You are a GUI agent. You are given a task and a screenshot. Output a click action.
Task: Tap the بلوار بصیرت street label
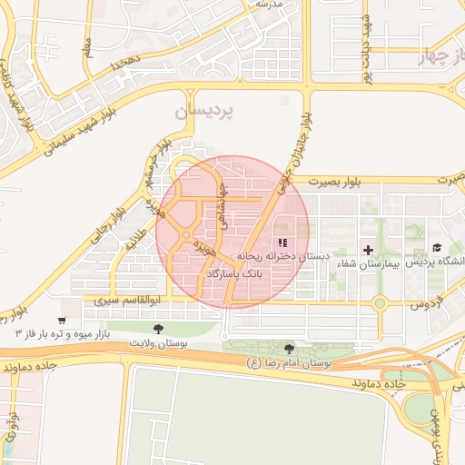(334, 183)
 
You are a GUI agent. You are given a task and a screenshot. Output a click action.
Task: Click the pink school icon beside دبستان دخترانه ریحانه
(282, 242)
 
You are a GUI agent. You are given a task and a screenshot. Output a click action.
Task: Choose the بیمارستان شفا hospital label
(368, 263)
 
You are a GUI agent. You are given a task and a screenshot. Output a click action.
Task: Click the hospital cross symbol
(368, 249)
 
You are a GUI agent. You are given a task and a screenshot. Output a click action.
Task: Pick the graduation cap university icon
(437, 247)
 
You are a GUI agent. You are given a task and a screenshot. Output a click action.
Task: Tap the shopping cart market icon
(61, 320)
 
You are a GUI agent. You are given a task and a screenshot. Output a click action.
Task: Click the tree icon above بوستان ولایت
(159, 328)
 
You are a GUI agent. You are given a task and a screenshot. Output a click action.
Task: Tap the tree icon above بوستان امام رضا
(289, 349)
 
